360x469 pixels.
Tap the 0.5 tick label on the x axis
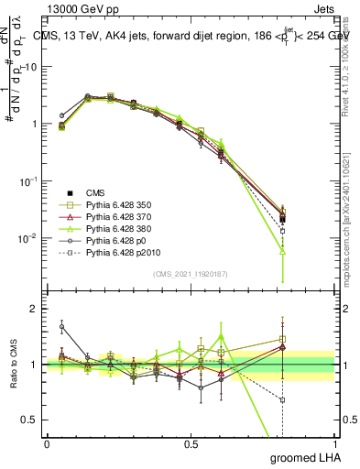coord(191,444)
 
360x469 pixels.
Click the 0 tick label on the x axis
coord(47,444)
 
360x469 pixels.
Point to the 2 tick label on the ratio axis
coord(35,309)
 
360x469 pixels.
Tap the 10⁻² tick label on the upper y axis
coord(29,238)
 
